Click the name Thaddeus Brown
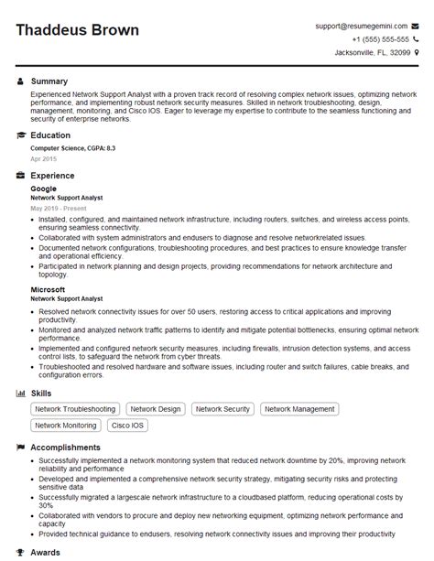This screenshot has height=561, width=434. point(78,30)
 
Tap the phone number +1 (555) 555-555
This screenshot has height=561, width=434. point(381,39)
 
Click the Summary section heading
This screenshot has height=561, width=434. point(49,81)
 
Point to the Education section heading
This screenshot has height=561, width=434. point(50,135)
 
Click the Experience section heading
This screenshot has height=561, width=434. point(53,175)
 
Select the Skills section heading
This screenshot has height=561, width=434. point(42,393)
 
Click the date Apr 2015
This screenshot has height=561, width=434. point(42,158)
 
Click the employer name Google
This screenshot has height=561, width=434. point(43,189)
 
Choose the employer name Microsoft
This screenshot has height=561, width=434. point(48,288)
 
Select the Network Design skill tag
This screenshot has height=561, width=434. point(155,409)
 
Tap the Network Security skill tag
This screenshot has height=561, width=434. point(223,409)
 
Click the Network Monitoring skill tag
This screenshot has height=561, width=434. point(66,426)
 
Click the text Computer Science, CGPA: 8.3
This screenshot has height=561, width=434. point(73,148)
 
